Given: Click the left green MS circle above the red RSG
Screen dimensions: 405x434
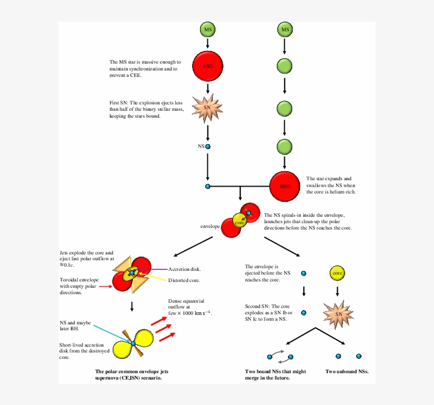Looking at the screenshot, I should click(x=207, y=30).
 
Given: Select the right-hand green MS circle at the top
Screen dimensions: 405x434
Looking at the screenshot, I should click(x=285, y=30).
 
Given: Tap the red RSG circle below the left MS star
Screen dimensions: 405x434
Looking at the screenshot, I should click(x=207, y=66).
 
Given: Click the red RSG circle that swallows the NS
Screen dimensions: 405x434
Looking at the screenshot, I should click(x=285, y=186).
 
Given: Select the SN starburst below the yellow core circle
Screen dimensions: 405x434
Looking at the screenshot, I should click(x=338, y=313).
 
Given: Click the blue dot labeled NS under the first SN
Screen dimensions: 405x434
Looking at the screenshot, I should click(x=207, y=146).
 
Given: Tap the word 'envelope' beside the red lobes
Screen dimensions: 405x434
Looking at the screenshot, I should click(x=210, y=226).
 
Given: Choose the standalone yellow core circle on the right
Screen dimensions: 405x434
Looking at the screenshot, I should click(x=338, y=274).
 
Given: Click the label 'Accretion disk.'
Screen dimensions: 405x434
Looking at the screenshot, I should click(x=184, y=269).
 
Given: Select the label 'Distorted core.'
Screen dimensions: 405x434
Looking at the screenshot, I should click(x=184, y=280).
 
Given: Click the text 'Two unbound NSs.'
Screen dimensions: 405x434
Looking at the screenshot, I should click(x=347, y=372).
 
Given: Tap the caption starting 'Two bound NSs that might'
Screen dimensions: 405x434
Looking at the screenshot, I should click(x=275, y=372).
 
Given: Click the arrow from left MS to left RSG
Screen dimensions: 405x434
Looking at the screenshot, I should click(x=207, y=43).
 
